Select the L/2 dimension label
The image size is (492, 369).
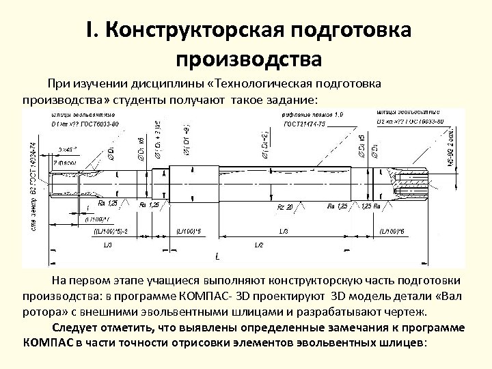(259, 244)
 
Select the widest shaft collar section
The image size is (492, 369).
(193, 181)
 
